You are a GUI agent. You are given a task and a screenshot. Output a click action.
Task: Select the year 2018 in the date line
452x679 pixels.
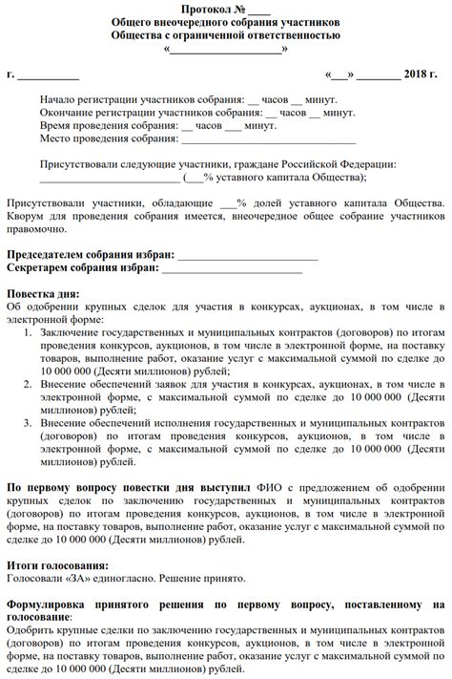[x=418, y=74]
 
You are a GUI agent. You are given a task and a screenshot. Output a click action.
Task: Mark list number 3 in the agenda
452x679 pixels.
[x=28, y=423]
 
